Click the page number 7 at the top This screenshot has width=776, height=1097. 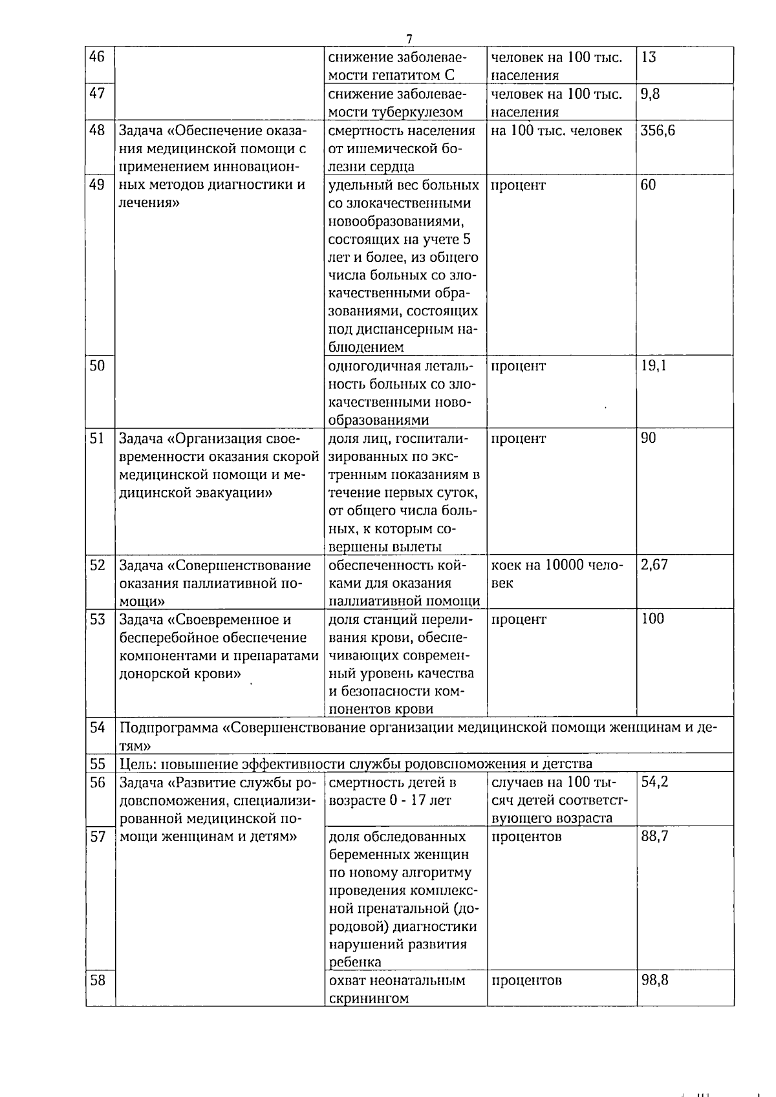tap(409, 39)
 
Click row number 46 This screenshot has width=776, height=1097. tap(97, 57)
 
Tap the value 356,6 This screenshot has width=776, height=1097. tap(658, 131)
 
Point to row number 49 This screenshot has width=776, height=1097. tap(97, 185)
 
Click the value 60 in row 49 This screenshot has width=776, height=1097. tap(648, 186)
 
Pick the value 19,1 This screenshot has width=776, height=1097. tap(653, 366)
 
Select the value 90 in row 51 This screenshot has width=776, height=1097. tap(648, 439)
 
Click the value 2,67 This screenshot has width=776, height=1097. tap(654, 565)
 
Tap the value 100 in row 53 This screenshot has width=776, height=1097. tap(652, 619)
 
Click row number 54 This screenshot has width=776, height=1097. tap(97, 728)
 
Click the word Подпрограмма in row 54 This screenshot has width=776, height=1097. tap(169, 728)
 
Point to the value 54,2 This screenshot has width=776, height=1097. tap(654, 782)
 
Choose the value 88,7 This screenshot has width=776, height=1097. tap(654, 836)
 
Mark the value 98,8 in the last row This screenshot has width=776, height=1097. tap(654, 981)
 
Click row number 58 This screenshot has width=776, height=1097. tap(97, 981)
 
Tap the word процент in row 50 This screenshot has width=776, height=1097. tap(519, 366)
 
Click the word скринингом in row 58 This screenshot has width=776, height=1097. tap(369, 999)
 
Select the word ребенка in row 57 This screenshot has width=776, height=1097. tap(355, 963)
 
